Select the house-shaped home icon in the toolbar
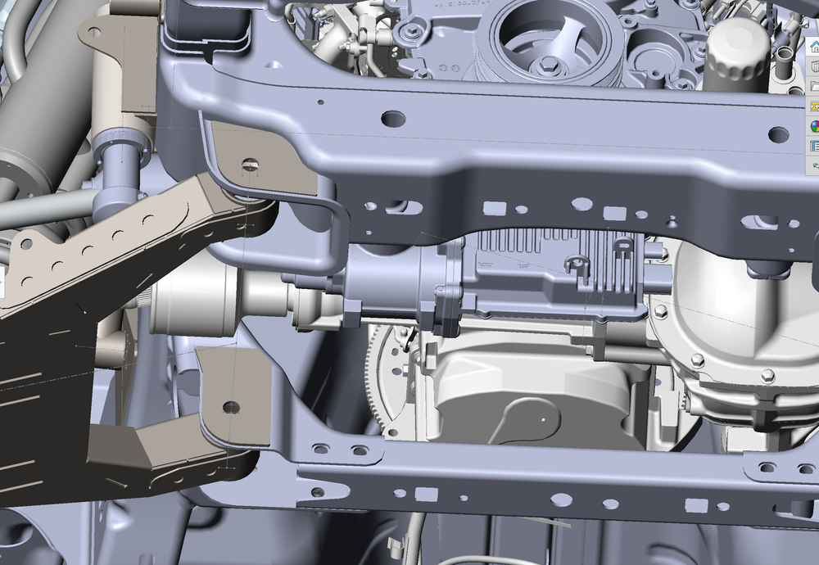814,47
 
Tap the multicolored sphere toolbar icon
815,126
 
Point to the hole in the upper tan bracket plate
251,165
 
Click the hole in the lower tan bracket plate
232,406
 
